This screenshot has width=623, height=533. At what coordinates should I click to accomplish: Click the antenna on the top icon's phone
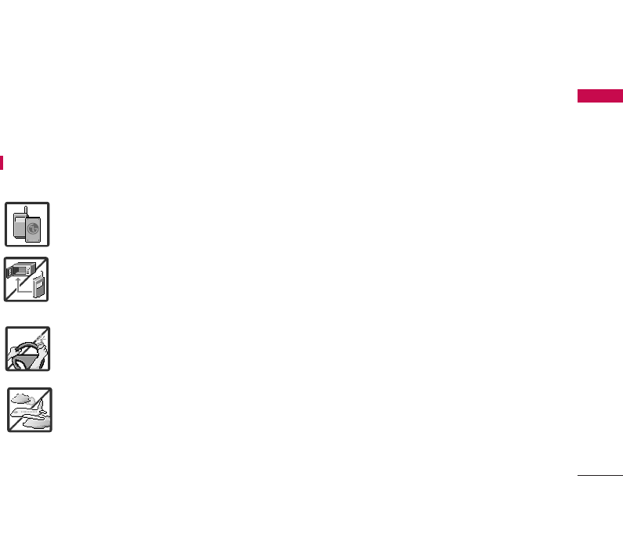pyautogui.click(x=26, y=209)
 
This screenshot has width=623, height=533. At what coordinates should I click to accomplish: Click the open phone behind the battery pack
pyautogui.click(x=21, y=226)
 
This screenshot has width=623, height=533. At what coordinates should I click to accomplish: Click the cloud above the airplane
pyautogui.click(x=21, y=398)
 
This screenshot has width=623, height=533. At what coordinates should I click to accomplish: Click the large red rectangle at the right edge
pyautogui.click(x=600, y=96)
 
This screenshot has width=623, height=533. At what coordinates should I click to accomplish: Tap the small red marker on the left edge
pyautogui.click(x=2, y=162)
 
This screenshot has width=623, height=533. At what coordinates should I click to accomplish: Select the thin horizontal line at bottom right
pyautogui.click(x=600, y=474)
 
